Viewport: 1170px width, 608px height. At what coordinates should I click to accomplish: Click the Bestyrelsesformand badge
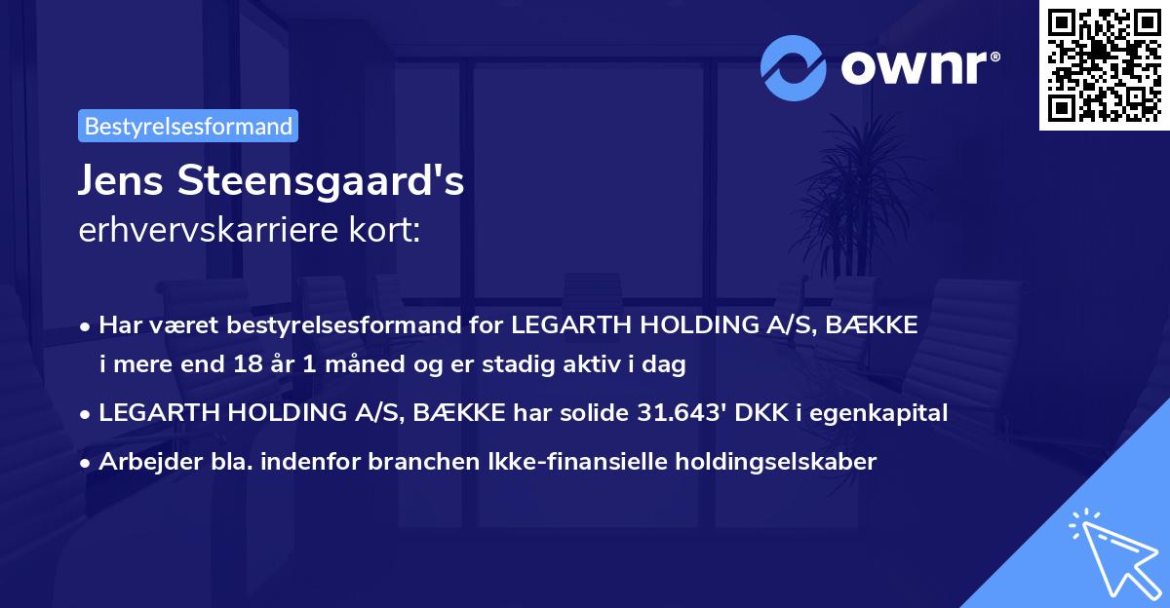coord(188,126)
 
